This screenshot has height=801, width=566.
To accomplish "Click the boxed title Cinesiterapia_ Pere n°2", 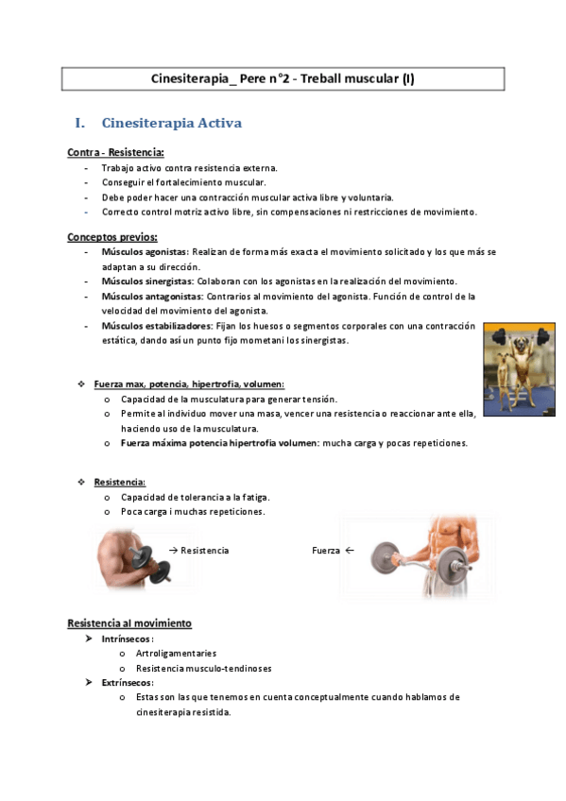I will (x=283, y=79).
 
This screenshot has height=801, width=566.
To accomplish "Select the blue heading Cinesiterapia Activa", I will (x=171, y=124).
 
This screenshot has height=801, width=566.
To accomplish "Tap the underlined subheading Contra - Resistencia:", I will (x=115, y=152).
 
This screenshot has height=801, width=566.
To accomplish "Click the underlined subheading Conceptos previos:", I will (x=112, y=237).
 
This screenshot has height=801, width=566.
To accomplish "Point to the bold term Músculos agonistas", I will (x=145, y=252).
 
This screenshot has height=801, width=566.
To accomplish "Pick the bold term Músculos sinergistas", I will (x=147, y=281).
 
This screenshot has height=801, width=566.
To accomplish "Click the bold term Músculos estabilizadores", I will (x=157, y=326).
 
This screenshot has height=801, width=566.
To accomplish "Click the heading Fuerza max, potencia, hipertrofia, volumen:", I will (x=189, y=384).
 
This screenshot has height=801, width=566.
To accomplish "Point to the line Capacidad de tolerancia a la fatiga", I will (x=195, y=497).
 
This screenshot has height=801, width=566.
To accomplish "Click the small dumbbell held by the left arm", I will (x=157, y=564).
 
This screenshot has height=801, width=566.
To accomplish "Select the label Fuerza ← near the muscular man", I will (x=333, y=550).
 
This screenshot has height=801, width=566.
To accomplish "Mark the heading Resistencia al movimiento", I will (x=129, y=623).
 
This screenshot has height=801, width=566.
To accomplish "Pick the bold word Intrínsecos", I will (x=127, y=639).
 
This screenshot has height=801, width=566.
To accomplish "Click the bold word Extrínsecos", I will (x=127, y=682).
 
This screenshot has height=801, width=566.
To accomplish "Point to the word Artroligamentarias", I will (x=176, y=653).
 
